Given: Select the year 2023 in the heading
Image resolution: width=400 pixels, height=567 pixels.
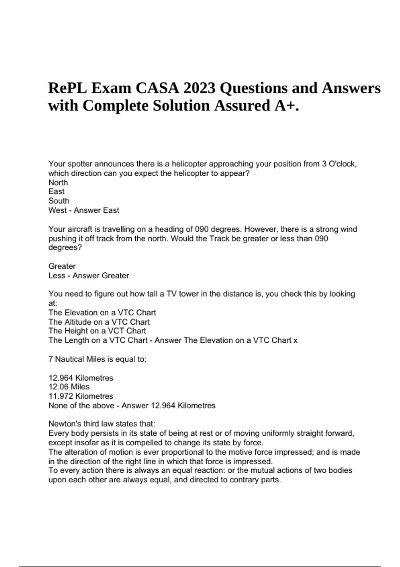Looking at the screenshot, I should coord(199,88).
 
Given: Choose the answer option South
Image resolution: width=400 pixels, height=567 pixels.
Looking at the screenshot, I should coord(59,201).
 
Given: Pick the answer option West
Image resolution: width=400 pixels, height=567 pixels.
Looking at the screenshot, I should coord(57,210).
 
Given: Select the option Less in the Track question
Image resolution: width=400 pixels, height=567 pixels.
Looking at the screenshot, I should coord(57,275).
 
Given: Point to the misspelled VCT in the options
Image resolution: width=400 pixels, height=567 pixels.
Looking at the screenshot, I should coord(117,331).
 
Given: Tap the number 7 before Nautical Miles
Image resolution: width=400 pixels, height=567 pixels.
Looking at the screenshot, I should coord(51,359).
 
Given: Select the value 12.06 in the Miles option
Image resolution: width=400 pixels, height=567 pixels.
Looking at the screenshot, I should coord(58,387).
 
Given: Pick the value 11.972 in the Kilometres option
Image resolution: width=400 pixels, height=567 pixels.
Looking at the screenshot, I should coord(61,396).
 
